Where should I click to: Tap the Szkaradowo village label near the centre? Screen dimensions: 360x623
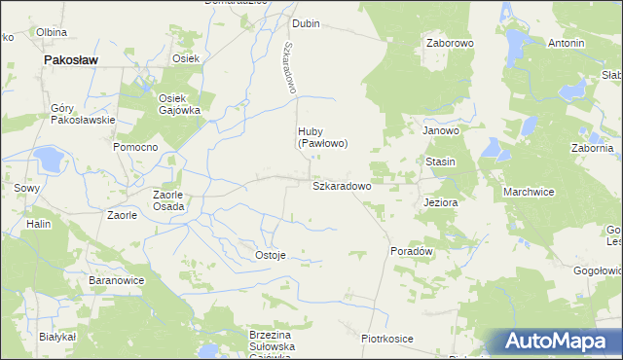341,184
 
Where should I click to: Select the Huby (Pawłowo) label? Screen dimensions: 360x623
322,137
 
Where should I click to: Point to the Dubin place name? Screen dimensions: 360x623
307,23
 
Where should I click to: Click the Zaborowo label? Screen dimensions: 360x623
449,44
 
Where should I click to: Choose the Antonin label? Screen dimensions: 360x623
566,44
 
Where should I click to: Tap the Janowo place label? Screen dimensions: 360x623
440,129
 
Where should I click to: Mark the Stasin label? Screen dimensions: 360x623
440,161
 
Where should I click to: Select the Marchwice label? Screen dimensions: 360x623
529,192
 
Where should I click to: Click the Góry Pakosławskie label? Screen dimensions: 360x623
83,114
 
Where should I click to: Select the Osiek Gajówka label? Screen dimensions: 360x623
179,104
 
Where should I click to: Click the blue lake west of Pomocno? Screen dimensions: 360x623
46,158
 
